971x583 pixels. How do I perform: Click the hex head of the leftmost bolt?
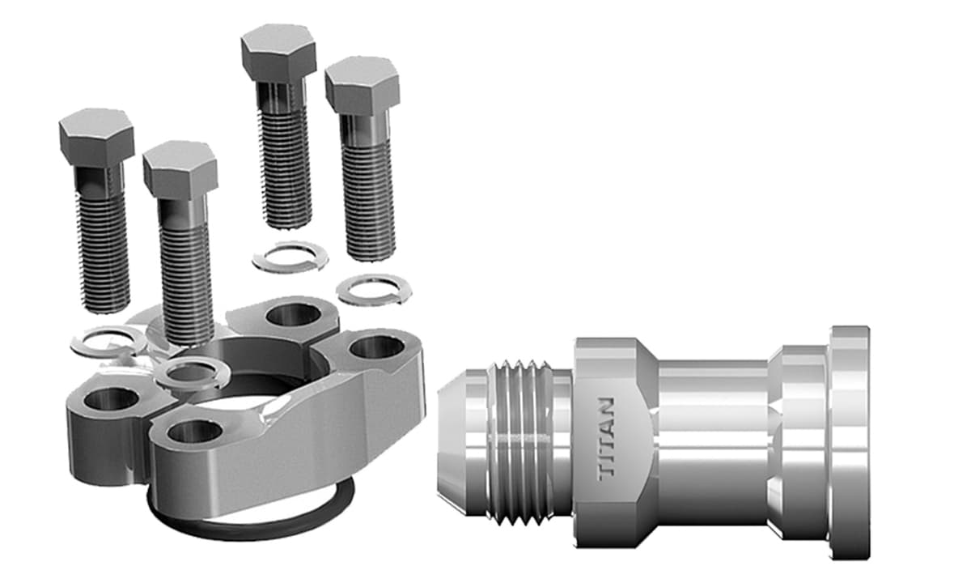(x=96, y=137)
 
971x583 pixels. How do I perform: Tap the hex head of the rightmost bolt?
(x=362, y=86)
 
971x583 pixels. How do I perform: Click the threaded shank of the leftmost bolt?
(x=103, y=251)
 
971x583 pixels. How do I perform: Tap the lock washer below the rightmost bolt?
(x=369, y=289)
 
